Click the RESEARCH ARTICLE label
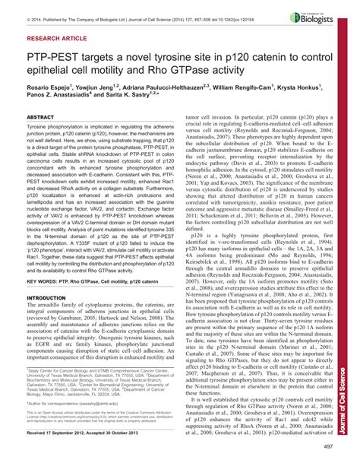55,36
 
